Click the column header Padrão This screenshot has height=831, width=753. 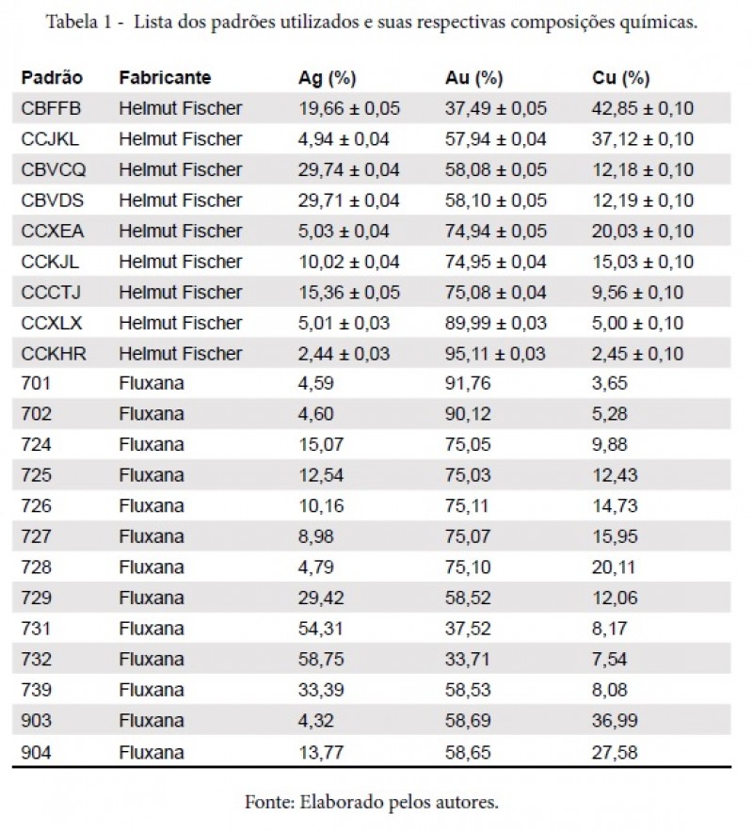pyautogui.click(x=52, y=78)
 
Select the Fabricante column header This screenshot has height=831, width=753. pyautogui.click(x=165, y=78)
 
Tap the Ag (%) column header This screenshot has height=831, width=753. pyautogui.click(x=327, y=78)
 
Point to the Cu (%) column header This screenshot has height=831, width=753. pyautogui.click(x=620, y=78)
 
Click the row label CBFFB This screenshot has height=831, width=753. pyautogui.click(x=51, y=108)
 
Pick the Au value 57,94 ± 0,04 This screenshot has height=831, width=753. pyautogui.click(x=495, y=139)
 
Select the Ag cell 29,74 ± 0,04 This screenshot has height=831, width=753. pyautogui.click(x=348, y=170)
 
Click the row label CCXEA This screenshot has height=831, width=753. pyautogui.click(x=53, y=232)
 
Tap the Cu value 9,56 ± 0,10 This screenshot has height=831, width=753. pyautogui.click(x=637, y=293)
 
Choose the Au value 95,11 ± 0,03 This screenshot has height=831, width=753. pyautogui.click(x=495, y=354)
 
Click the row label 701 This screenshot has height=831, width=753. pyautogui.click(x=36, y=383)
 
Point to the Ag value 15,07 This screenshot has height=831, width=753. pyautogui.click(x=321, y=444)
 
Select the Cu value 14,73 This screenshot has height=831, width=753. pyautogui.click(x=615, y=506)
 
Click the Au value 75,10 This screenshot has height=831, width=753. pyautogui.click(x=468, y=567)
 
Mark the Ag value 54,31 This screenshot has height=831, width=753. pyautogui.click(x=321, y=629)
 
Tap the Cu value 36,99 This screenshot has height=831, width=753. pyautogui.click(x=615, y=721)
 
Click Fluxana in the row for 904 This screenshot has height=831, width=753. pyautogui.click(x=152, y=752)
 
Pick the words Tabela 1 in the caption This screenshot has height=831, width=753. pyautogui.click(x=79, y=23)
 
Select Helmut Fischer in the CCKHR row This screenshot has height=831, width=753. pyautogui.click(x=181, y=354)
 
